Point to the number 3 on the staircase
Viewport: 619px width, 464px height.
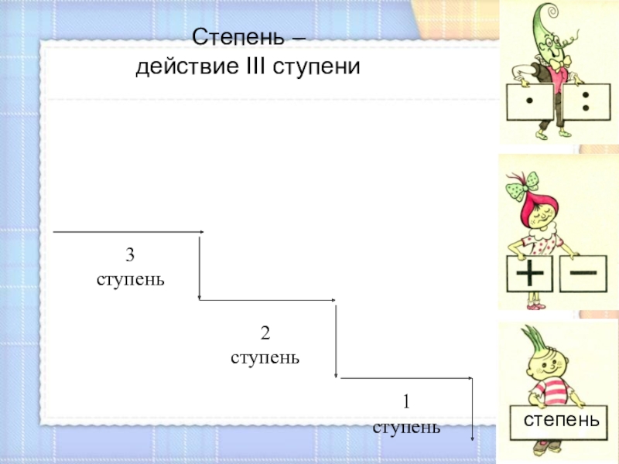click(130, 255)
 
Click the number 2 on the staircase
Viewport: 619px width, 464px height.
click(265, 334)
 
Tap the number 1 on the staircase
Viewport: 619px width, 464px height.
click(405, 402)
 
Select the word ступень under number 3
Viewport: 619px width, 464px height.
click(130, 278)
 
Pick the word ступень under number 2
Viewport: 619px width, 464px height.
click(265, 358)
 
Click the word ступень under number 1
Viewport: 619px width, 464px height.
click(406, 427)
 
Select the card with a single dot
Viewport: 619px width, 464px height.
click(529, 103)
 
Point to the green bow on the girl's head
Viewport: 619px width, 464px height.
click(520, 186)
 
